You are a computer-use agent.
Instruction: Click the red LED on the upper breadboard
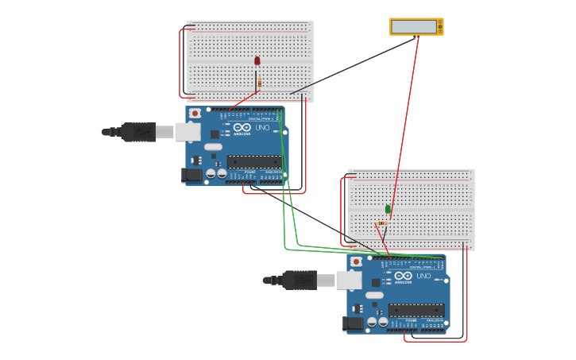click(257, 60)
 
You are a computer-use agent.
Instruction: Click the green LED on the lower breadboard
click(388, 209)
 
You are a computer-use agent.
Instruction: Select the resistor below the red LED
click(259, 82)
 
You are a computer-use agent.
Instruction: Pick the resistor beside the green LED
click(382, 223)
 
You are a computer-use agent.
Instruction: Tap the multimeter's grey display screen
click(414, 26)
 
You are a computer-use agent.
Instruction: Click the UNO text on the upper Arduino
click(262, 127)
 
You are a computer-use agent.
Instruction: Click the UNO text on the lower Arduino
click(423, 276)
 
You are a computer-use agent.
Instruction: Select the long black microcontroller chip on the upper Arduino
click(253, 161)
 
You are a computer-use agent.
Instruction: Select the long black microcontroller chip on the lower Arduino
click(416, 310)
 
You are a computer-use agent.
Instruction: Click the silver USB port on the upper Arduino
click(187, 132)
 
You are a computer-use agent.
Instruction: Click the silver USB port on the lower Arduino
click(349, 280)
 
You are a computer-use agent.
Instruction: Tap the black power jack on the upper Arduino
click(191, 175)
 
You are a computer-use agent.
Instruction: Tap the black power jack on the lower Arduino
click(353, 323)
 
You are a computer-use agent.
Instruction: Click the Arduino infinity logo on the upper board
click(242, 127)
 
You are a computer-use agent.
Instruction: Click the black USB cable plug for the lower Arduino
click(298, 280)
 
